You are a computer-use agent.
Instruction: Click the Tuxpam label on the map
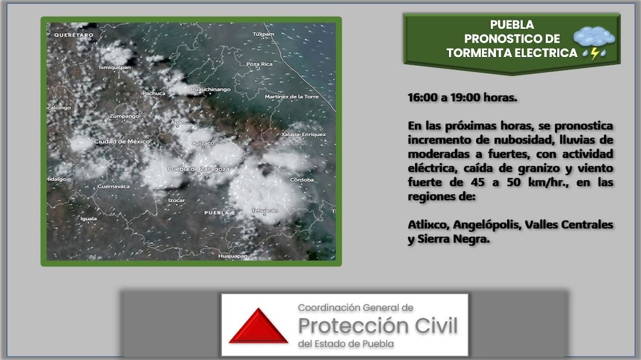click(x=263, y=34)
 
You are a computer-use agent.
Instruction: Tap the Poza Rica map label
click(x=259, y=64)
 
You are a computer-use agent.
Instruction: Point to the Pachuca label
click(x=154, y=93)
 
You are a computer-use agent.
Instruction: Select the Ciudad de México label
click(x=122, y=142)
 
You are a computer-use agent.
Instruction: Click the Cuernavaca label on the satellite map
click(x=114, y=187)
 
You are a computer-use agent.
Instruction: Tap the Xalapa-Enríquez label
click(x=303, y=134)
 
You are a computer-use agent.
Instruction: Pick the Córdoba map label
click(x=302, y=180)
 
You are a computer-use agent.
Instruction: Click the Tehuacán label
click(x=265, y=211)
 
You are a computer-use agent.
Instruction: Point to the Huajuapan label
click(x=232, y=256)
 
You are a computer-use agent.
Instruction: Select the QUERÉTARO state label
click(x=74, y=35)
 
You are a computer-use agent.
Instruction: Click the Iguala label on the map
click(x=89, y=219)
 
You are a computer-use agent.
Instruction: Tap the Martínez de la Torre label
click(x=291, y=97)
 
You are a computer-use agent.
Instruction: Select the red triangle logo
click(x=258, y=326)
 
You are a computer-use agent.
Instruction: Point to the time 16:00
click(x=423, y=98)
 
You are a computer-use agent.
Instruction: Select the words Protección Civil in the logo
click(x=378, y=326)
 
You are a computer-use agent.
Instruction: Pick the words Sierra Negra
click(x=453, y=239)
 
